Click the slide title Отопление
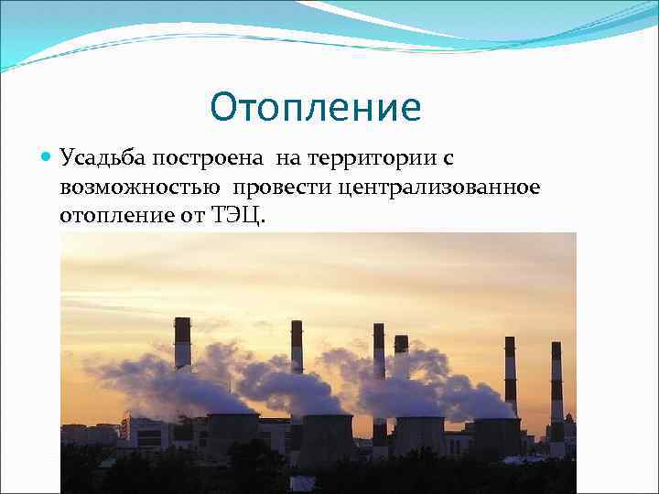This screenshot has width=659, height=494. click(315, 108)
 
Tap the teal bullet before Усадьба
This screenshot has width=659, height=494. click(48, 158)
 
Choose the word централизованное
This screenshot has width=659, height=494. click(439, 188)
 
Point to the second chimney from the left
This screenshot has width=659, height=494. click(297, 348)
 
